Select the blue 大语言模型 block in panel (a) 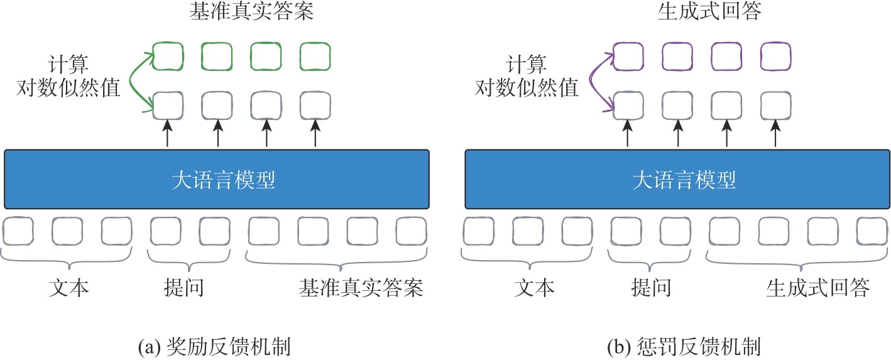point(217,179)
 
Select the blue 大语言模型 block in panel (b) point(677,179)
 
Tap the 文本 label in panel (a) point(69,288)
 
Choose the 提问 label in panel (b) point(650,288)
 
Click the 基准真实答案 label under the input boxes point(361,288)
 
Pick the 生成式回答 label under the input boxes point(817,288)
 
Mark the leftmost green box point(168,56)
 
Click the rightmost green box point(315,56)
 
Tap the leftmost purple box point(628,56)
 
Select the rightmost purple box point(775,56)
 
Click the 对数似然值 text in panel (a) point(69,88)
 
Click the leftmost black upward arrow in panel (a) point(168,134)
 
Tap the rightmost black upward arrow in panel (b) point(775,134)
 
